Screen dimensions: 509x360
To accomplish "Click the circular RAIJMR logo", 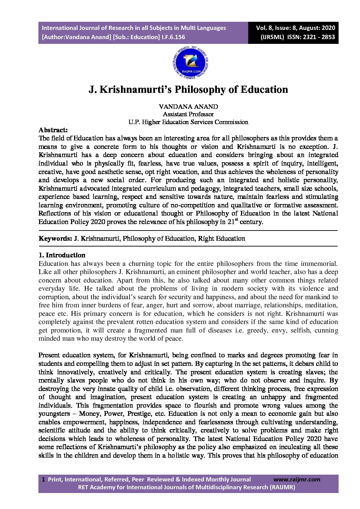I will [x=190, y=63].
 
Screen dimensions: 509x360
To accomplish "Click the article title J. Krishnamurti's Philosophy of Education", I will [x=188, y=89].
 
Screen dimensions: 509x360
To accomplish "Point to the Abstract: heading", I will [x=53, y=130].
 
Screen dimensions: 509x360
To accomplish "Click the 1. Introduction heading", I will [x=62, y=255].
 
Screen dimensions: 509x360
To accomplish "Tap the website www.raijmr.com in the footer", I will [x=297, y=479].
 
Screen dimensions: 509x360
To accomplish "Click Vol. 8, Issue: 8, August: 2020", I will [x=295, y=28].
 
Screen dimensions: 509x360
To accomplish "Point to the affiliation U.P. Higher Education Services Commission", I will [x=188, y=122].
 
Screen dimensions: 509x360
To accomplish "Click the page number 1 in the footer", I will [x=43, y=479].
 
